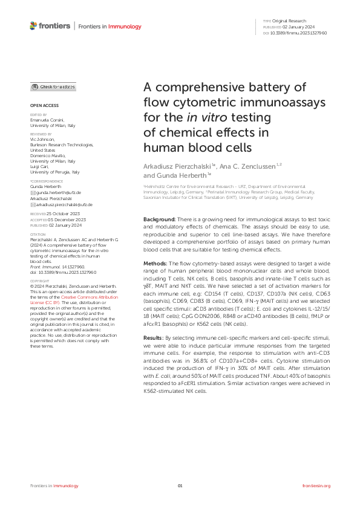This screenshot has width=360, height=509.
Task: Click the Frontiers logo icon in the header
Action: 33,26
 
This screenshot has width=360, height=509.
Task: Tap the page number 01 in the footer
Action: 180,485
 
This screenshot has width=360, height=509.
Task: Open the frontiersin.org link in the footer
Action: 315,485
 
